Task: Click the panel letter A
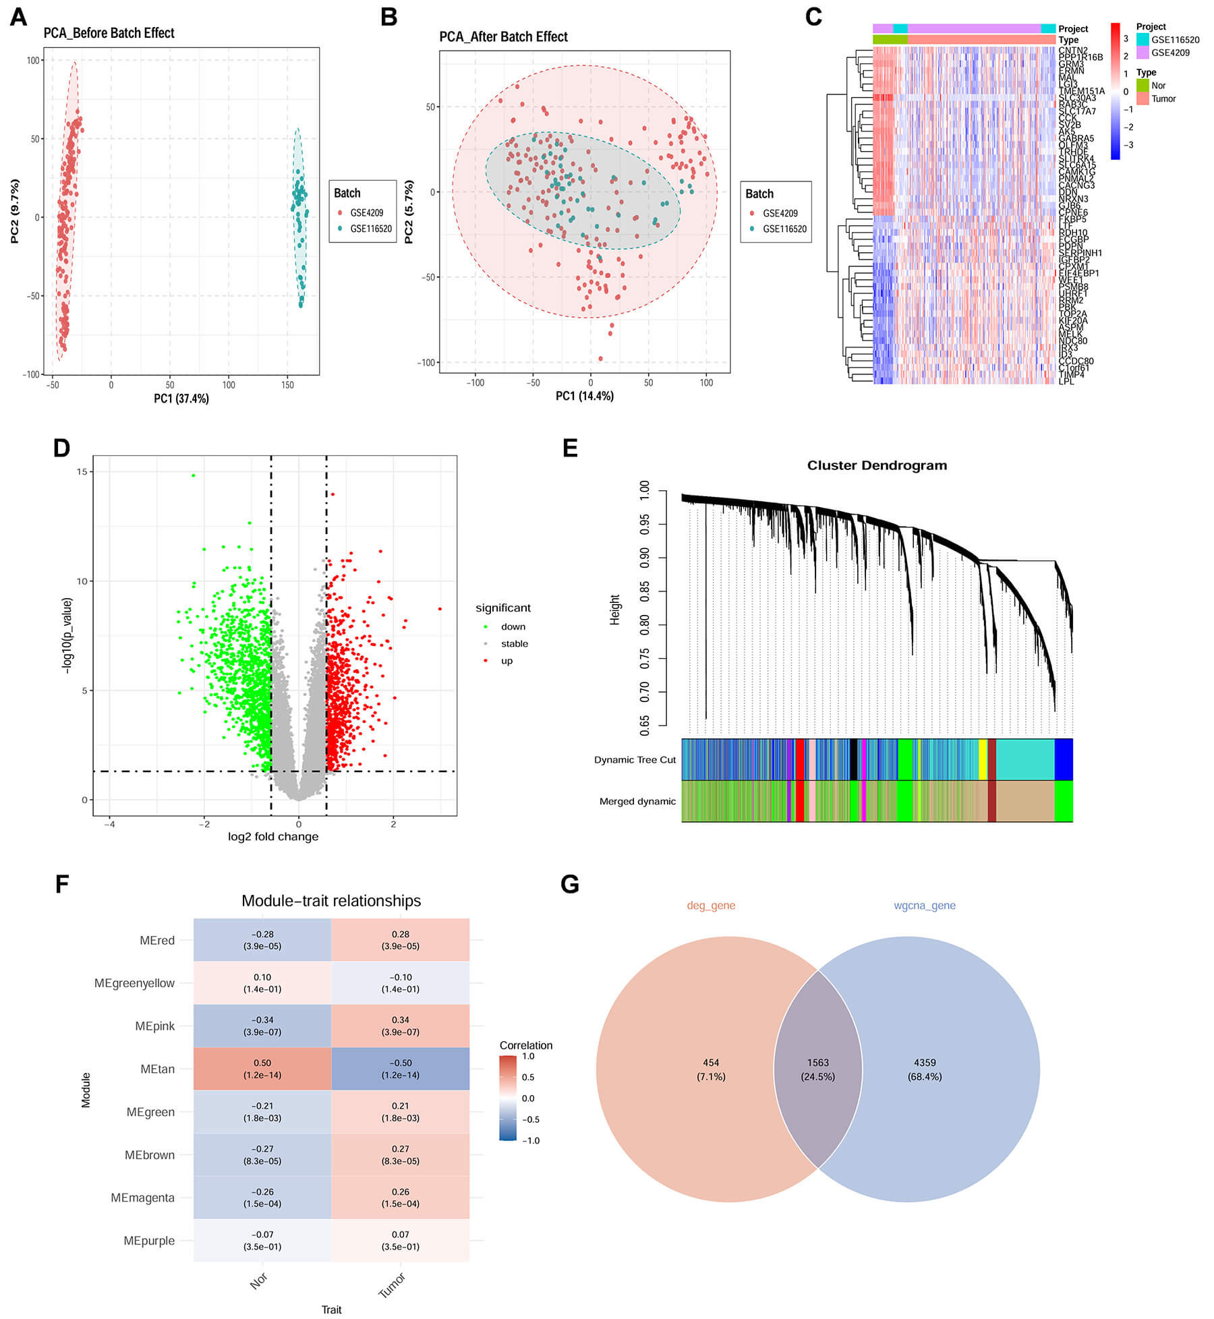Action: (x=18, y=17)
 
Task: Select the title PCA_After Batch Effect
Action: (x=503, y=36)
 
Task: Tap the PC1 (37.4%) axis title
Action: (x=181, y=399)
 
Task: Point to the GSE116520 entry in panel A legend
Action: (x=370, y=229)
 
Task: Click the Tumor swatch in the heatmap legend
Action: (x=1143, y=98)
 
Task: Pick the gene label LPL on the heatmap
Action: (x=1066, y=381)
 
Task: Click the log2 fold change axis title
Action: (x=272, y=836)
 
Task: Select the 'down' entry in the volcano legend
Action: (x=513, y=626)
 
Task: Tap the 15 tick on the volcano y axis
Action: (x=82, y=471)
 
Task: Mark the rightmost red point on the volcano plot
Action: (x=440, y=608)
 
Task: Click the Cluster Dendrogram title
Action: (x=877, y=465)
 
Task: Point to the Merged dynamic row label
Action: (x=637, y=801)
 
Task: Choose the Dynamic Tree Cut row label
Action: (x=634, y=759)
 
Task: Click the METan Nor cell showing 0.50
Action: (x=262, y=1068)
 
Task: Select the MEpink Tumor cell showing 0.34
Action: (x=400, y=1025)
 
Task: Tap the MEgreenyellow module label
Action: (x=134, y=983)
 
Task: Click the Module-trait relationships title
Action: (x=330, y=901)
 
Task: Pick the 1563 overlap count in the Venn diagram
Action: (x=817, y=1062)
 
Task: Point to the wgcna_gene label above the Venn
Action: (x=924, y=906)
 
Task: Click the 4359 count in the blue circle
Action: (x=924, y=1062)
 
